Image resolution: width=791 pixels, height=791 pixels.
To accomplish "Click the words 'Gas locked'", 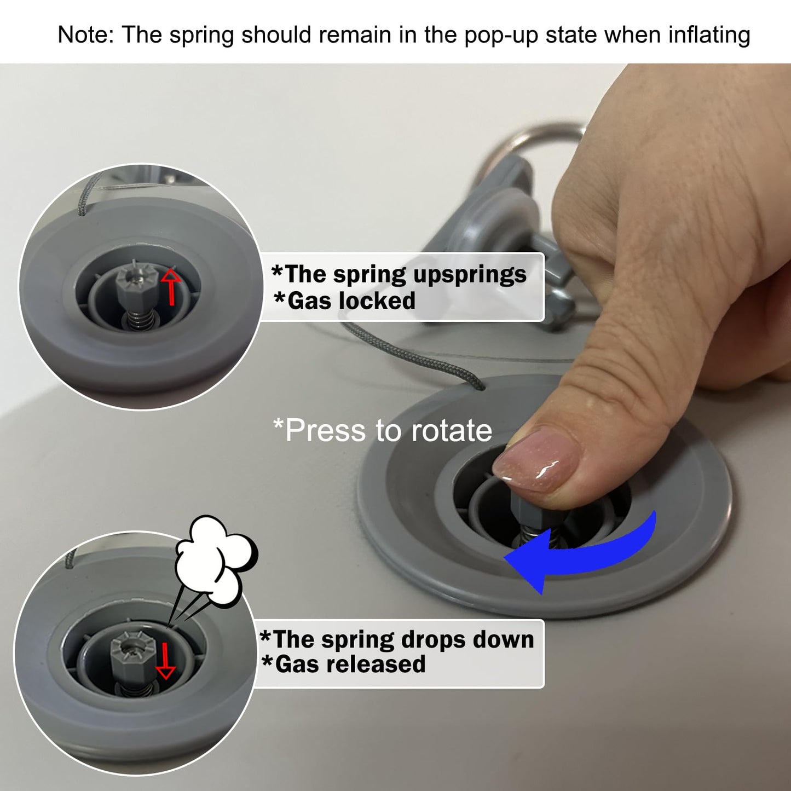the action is click(345, 301).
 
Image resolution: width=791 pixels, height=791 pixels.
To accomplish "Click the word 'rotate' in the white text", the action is click(452, 431).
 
